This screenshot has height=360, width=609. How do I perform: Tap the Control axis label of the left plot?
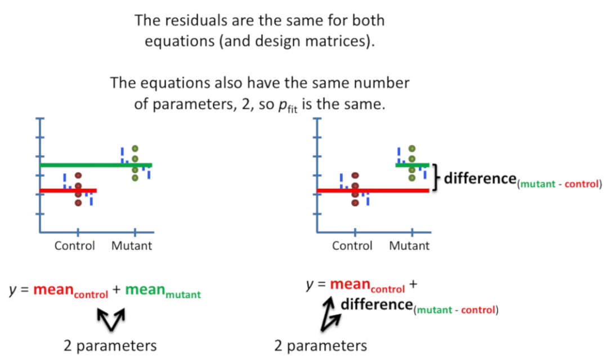click(x=75, y=246)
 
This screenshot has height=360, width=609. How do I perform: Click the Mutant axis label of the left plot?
click(x=132, y=246)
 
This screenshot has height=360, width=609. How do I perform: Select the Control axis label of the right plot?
click(x=352, y=246)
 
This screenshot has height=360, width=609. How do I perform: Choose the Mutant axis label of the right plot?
click(x=409, y=246)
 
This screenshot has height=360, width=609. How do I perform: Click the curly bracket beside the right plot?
click(x=437, y=178)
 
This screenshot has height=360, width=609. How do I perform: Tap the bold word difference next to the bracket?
click(x=478, y=179)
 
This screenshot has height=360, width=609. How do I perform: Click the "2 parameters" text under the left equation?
click(x=110, y=345)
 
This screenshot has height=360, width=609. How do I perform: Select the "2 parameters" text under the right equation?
click(x=320, y=345)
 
